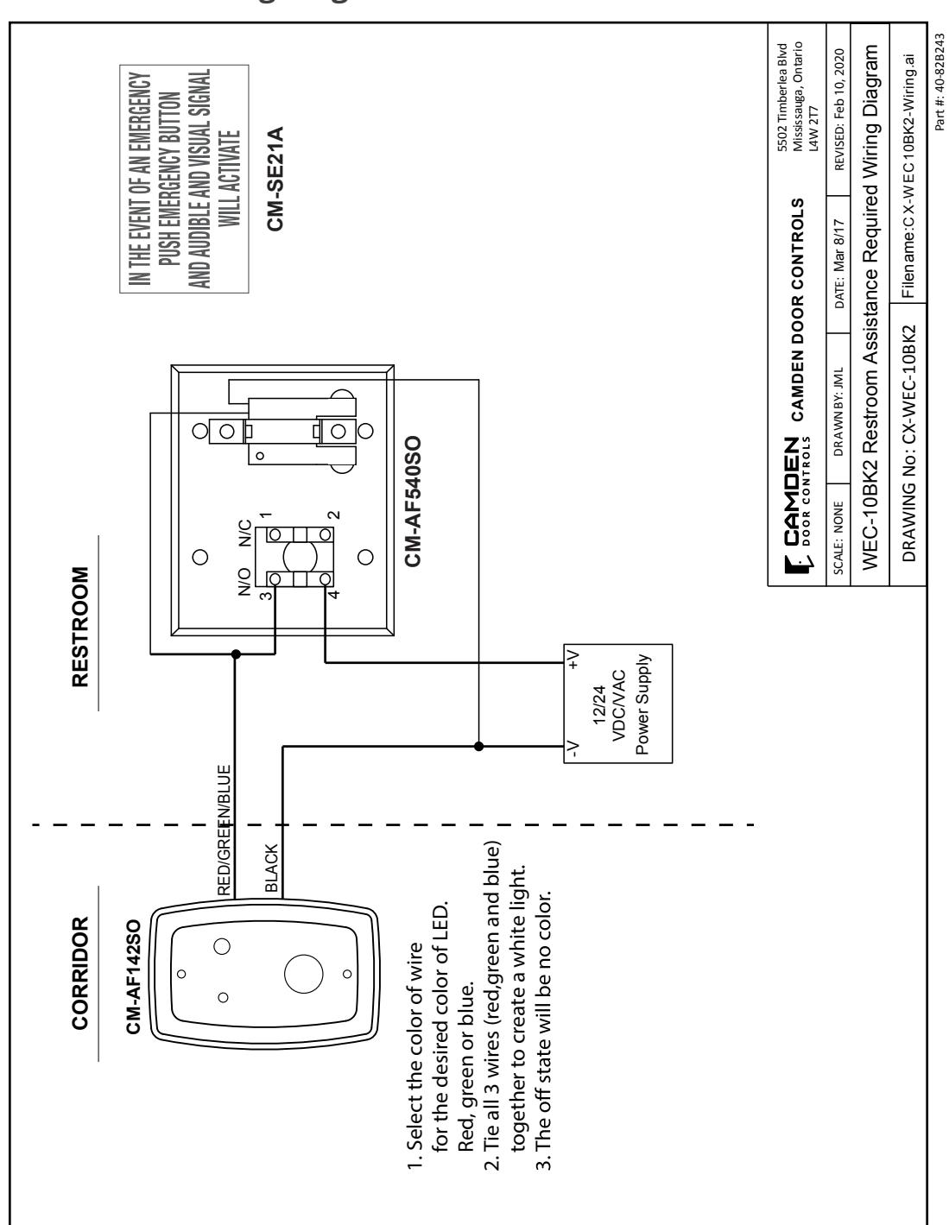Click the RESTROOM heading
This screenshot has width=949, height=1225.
(x=80, y=626)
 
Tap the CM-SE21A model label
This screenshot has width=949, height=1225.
(x=275, y=179)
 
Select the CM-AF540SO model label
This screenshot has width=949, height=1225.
(x=413, y=502)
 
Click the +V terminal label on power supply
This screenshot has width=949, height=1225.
(x=573, y=660)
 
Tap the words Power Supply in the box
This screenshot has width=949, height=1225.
(x=642, y=704)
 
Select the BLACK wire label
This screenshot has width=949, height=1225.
(x=271, y=868)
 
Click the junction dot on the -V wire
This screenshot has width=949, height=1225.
(x=478, y=747)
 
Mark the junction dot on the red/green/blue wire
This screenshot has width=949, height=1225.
(x=237, y=654)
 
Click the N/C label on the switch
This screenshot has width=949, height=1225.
(x=244, y=534)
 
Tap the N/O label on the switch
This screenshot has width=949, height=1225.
(x=244, y=581)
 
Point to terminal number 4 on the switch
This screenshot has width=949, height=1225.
(x=334, y=594)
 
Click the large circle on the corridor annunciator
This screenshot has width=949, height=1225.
(x=303, y=974)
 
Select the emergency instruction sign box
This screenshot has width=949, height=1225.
(x=184, y=179)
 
